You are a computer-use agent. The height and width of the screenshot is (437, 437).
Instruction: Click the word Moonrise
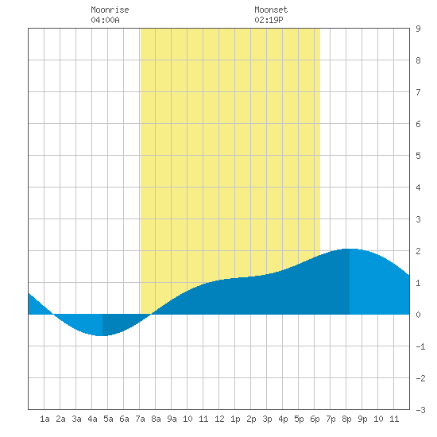[x=110, y=10]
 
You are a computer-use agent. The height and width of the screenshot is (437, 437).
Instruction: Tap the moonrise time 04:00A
[x=105, y=20]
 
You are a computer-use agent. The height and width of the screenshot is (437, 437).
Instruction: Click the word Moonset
[x=271, y=10]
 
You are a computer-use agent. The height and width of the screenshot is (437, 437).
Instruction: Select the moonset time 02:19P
[x=269, y=20]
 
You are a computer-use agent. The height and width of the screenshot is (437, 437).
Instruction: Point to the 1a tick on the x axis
[x=44, y=419]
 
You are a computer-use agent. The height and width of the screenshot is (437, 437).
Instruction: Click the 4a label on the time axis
[x=92, y=419]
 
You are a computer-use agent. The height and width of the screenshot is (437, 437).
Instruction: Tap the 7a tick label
[x=140, y=419]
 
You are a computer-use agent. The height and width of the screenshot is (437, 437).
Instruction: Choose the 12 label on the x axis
[x=219, y=419]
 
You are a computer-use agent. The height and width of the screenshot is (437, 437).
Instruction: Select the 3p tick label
[x=267, y=419]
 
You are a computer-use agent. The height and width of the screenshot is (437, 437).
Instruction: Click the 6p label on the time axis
[x=315, y=419]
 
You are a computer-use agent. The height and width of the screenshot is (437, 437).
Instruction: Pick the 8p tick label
[x=346, y=419]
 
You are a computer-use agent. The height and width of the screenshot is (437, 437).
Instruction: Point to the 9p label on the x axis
[x=362, y=419]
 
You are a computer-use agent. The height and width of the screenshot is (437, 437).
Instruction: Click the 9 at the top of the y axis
[x=418, y=29]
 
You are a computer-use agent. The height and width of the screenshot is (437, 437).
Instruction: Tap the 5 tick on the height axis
[x=418, y=156]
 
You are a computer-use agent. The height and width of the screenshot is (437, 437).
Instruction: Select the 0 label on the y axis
[x=418, y=315]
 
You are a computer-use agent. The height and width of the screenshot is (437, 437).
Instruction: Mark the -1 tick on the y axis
[x=420, y=346]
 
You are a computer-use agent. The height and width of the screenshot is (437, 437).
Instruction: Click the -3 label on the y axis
[x=420, y=410]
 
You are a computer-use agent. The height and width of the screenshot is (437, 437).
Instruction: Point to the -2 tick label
[x=420, y=378]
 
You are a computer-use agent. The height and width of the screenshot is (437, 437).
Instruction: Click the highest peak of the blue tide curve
[x=350, y=249]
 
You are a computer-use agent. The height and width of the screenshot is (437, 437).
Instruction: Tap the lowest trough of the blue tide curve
[x=102, y=335]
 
